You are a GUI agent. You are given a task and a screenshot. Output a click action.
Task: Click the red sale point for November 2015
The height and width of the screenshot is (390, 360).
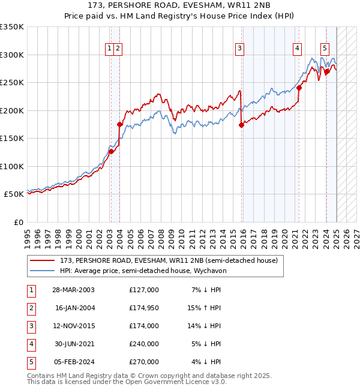coord(241,125)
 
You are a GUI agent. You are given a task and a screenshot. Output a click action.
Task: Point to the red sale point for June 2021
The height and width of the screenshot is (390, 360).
coord(299,88)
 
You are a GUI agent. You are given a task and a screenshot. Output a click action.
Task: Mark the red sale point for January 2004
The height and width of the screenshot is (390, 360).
coord(119,125)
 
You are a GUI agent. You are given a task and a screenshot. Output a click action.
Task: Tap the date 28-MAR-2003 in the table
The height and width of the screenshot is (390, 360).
coord(74,290)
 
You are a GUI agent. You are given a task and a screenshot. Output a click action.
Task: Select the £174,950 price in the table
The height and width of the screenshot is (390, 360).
coord(143,308)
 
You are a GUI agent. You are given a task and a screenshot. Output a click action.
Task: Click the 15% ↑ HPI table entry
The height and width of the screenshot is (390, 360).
coord(204,308)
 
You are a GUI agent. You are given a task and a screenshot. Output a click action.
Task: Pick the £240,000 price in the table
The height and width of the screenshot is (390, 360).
coord(143,344)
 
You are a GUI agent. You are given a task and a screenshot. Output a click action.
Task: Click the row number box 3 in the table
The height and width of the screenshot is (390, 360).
coord(30,326)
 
